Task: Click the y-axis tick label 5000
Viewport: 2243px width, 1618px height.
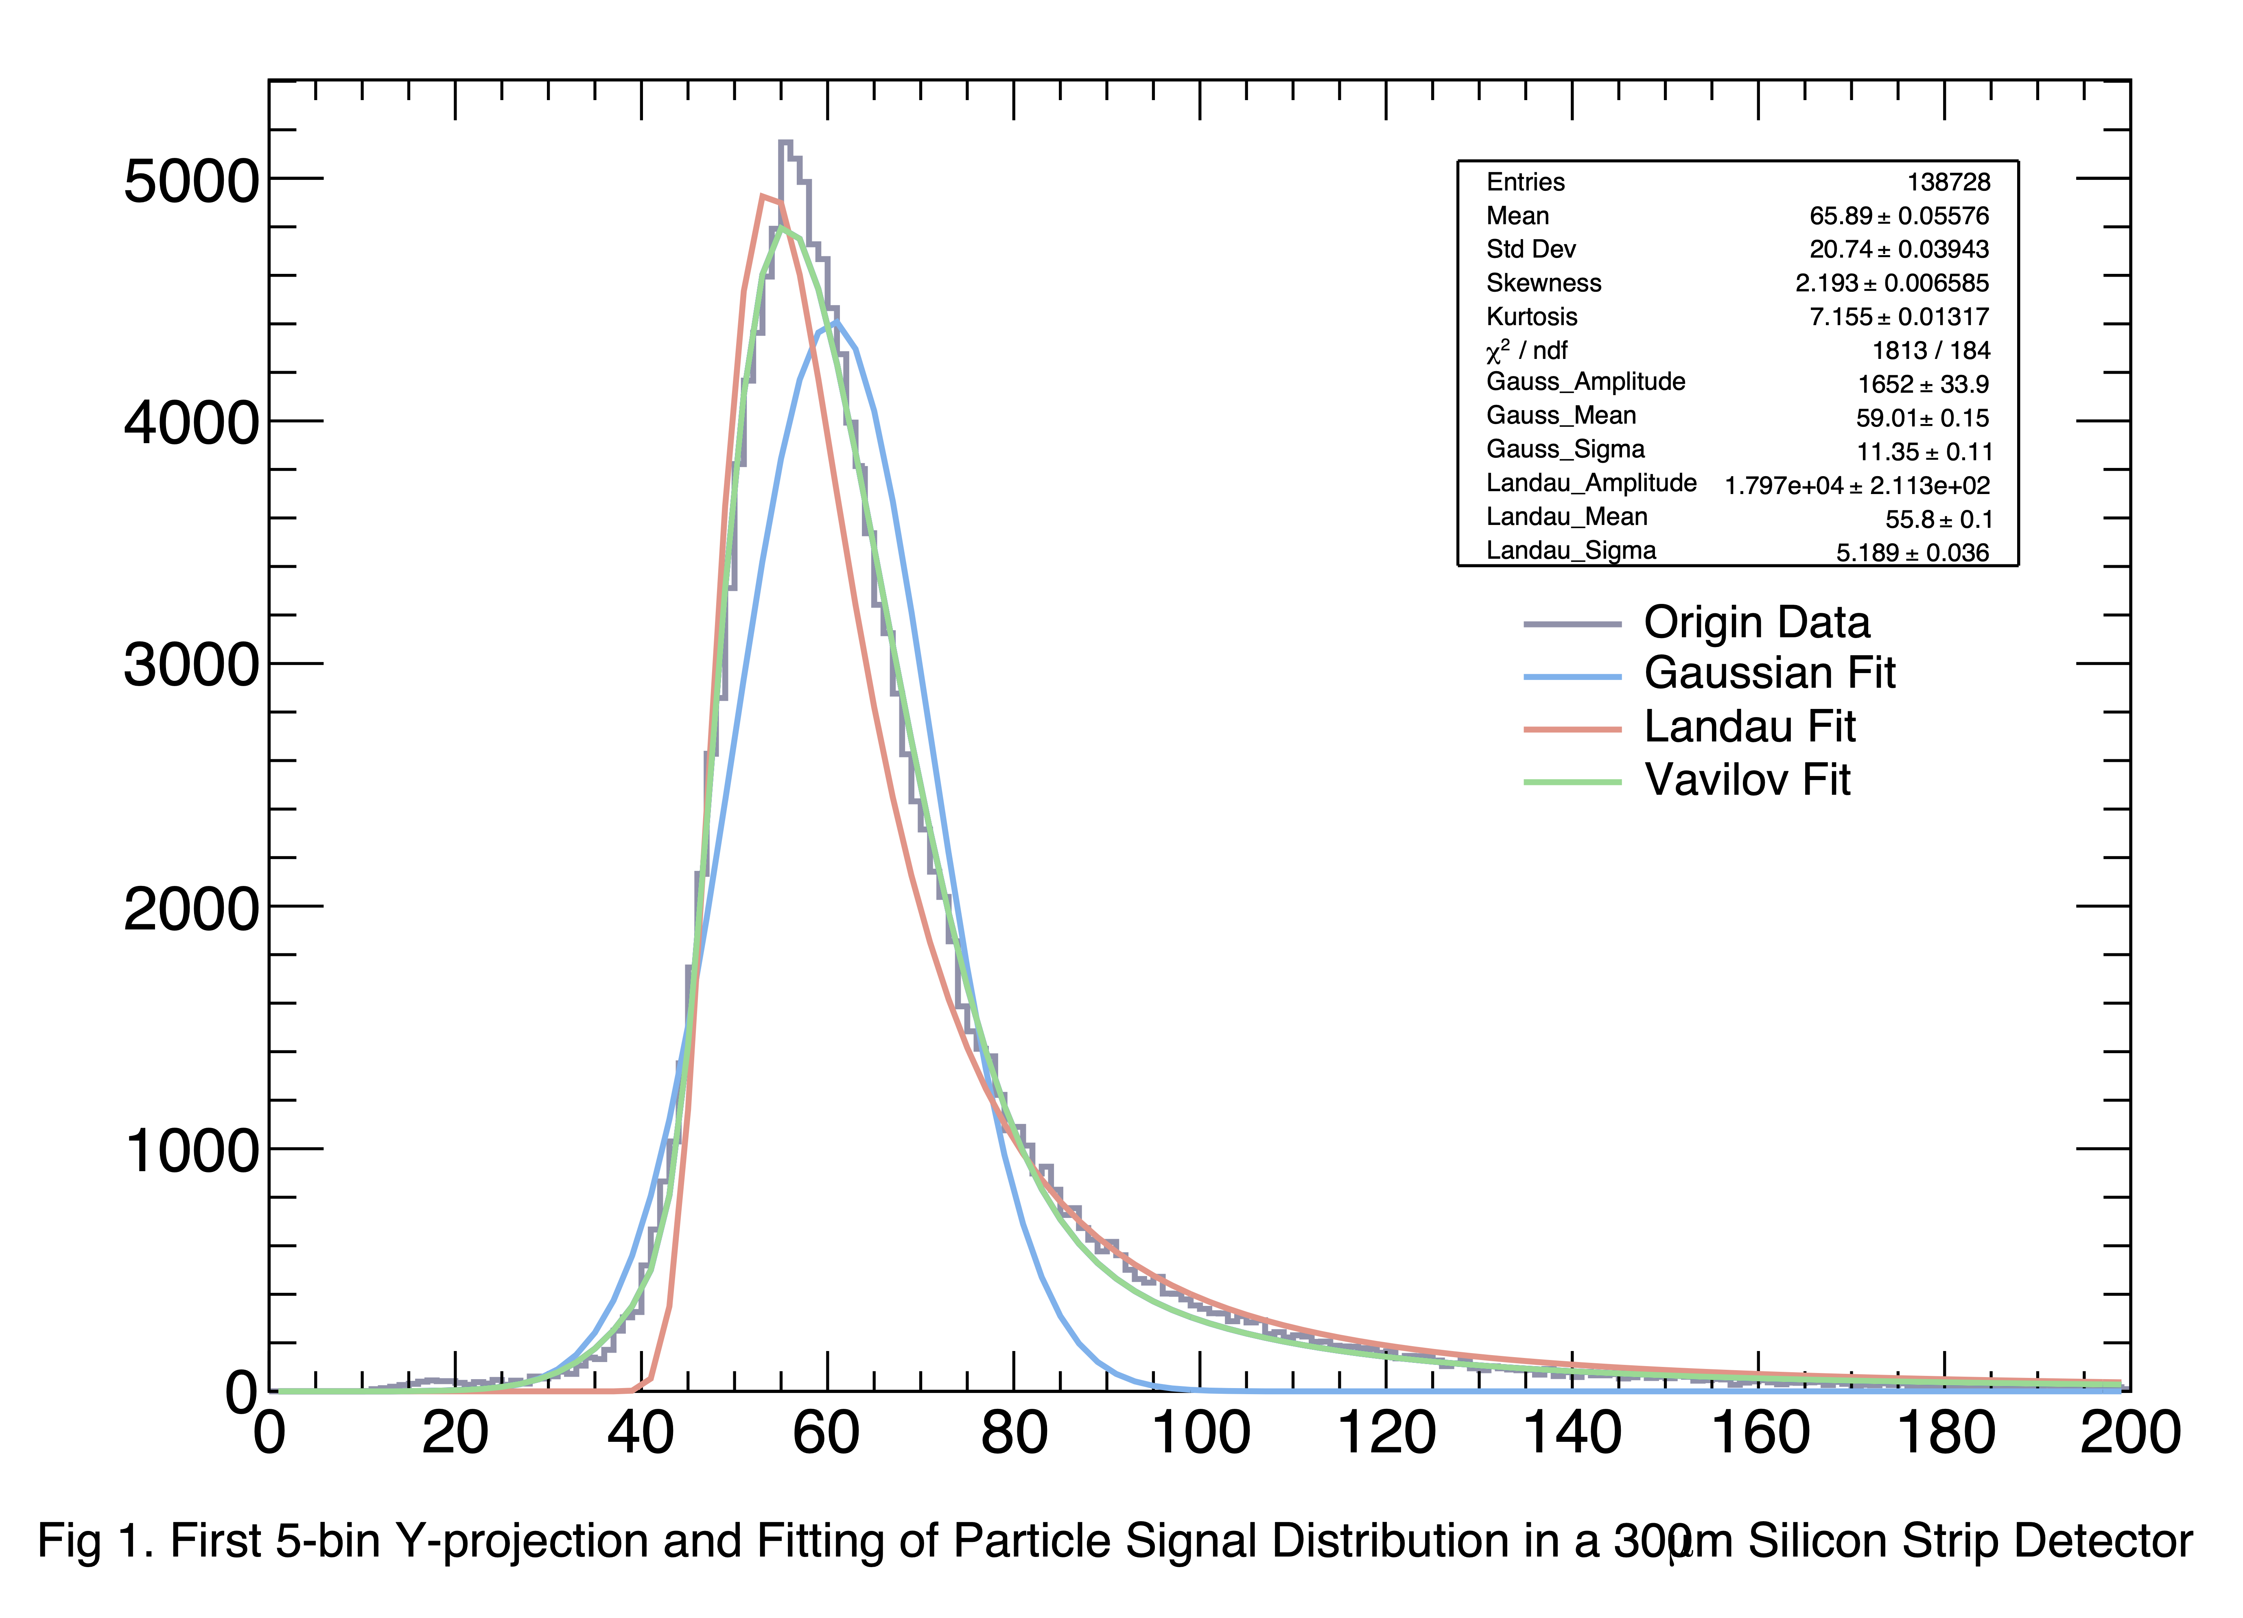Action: tap(191, 182)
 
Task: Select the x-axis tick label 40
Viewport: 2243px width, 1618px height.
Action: tap(641, 1433)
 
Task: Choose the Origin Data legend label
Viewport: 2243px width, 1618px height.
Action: tap(1756, 623)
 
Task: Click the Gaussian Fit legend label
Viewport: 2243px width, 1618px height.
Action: tap(1769, 673)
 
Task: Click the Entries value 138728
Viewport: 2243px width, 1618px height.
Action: tap(1948, 182)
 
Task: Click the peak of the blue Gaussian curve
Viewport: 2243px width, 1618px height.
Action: tap(836, 322)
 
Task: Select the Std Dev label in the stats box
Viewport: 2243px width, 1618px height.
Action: tap(1530, 249)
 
